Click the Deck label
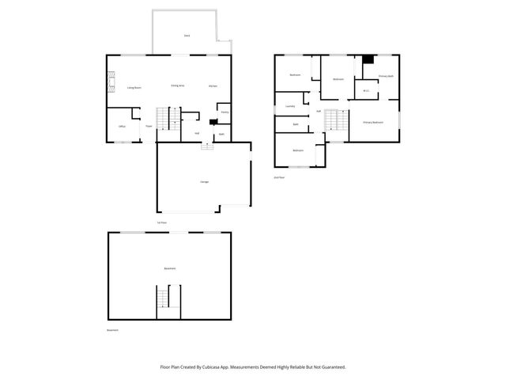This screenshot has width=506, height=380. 187,36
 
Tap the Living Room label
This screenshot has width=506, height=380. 134,88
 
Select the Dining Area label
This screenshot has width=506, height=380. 178,85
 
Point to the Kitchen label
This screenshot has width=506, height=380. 213,85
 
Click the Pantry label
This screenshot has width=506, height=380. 225,112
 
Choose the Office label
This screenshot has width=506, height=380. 122,126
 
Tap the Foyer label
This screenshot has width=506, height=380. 148,126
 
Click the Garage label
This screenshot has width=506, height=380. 204,182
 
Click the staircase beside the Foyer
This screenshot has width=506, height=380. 164,119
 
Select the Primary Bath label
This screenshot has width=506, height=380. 386,76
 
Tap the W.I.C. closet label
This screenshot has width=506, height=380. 366,90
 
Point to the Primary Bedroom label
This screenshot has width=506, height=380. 373,123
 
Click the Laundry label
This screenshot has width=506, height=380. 290,106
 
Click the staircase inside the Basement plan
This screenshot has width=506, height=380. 164,299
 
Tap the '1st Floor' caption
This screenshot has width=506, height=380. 161,222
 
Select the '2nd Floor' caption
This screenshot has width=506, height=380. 278,178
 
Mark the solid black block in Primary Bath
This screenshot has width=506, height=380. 368,59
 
